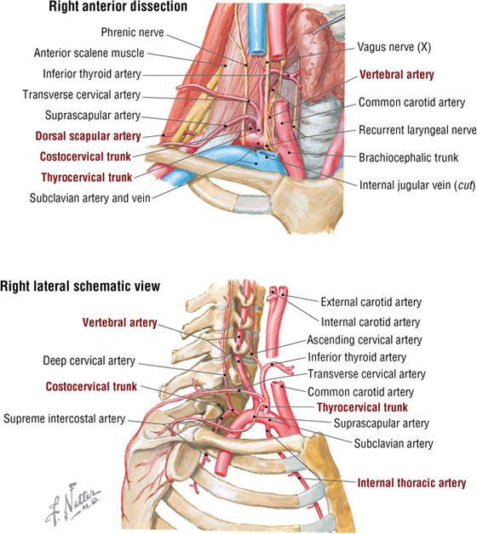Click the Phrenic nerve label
(132, 32)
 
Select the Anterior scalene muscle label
(89, 53)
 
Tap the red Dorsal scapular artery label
(88, 136)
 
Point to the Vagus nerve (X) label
(394, 47)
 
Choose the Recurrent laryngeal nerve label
(417, 130)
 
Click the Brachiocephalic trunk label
(408, 157)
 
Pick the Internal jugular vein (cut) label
(417, 185)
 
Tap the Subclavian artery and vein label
(89, 198)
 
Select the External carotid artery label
(371, 302)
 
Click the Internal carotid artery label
(371, 322)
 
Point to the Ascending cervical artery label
(365, 340)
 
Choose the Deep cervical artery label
(89, 361)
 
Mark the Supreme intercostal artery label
(65, 418)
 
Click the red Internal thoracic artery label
(411, 483)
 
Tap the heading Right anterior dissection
(118, 7)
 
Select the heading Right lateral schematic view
(80, 286)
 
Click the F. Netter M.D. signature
(72, 503)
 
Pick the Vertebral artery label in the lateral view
(120, 322)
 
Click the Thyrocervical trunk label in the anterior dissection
(87, 178)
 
